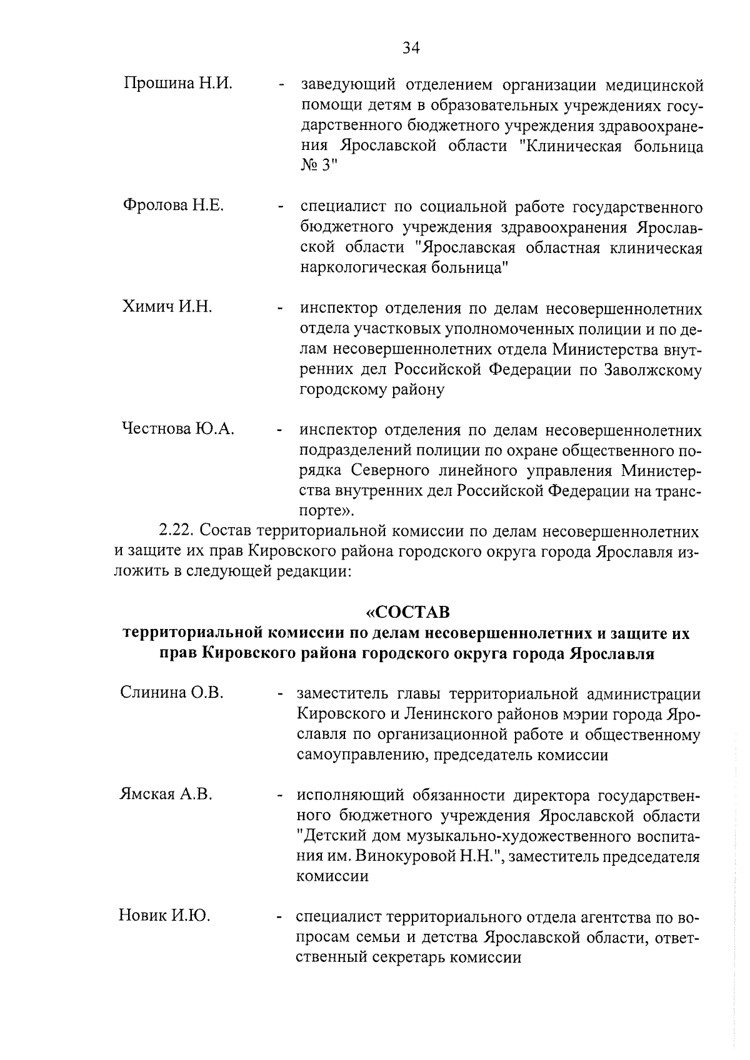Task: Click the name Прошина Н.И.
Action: [x=177, y=83]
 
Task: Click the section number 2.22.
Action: [x=179, y=531]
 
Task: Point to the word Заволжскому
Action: [x=653, y=369]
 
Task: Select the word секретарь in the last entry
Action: [x=429, y=957]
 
